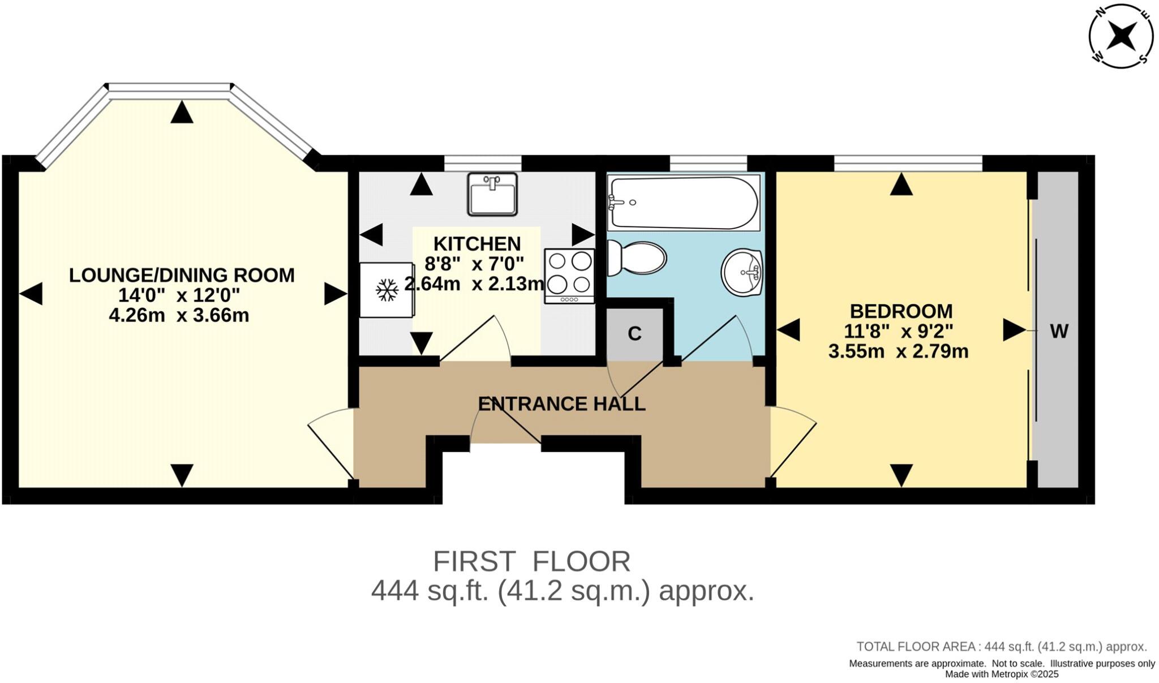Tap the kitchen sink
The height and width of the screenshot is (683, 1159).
pos(492,194)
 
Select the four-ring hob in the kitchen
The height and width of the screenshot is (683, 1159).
pos(570,276)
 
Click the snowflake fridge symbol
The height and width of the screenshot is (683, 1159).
pos(388,290)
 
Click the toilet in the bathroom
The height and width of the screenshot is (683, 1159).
pos(637,259)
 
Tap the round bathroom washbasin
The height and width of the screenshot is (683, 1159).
pos(742,273)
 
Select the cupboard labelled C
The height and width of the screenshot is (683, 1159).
pos(634,334)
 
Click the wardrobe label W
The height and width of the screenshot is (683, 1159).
pos(1059,332)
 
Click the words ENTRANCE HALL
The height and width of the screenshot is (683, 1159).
pos(561,404)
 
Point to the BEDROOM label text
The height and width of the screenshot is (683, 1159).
pos(901,311)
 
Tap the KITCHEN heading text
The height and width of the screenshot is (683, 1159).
pos(477,244)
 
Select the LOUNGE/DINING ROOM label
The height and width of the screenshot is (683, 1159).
pos(182,276)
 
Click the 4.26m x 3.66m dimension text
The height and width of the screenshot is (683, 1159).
pos(179,315)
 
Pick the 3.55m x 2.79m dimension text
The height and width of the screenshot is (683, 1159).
pos(898,351)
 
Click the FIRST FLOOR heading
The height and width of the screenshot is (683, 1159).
pos(531,562)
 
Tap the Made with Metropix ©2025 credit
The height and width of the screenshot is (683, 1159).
pos(1002,674)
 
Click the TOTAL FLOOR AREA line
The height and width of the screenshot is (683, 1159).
pos(1001,647)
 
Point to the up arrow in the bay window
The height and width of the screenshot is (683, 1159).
pos(182,112)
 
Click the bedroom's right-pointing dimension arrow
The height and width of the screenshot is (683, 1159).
pos(1014,330)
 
